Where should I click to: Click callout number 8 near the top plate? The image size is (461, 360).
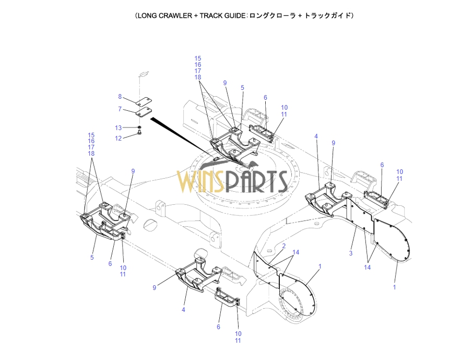click(x=120, y=97)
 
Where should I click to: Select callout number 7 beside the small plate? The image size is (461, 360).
click(x=120, y=109)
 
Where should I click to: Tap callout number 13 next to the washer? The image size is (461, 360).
click(x=119, y=127)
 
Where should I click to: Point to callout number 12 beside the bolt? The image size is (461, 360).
click(x=119, y=138)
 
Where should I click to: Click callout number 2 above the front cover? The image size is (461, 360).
click(x=283, y=246)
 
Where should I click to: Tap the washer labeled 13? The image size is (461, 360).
click(x=140, y=127)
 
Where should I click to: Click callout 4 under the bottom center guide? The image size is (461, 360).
click(x=184, y=310)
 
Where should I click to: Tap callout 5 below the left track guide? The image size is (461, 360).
click(x=92, y=257)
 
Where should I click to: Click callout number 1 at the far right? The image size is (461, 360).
click(x=394, y=287)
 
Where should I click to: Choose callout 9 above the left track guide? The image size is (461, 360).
click(x=133, y=171)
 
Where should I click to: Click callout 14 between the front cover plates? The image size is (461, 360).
click(x=295, y=252)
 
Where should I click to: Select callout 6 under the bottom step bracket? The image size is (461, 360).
click(x=219, y=327)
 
